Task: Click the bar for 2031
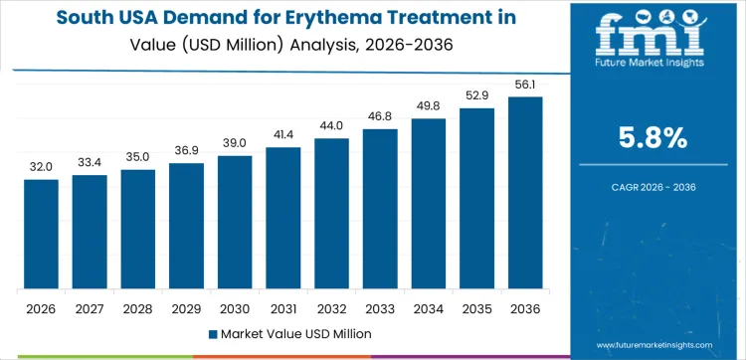[x=283, y=219]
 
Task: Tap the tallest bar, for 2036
[x=526, y=193]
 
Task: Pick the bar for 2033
[x=380, y=209]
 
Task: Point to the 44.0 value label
[x=331, y=126]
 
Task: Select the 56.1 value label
[x=526, y=85]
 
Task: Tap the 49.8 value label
[x=429, y=106]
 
